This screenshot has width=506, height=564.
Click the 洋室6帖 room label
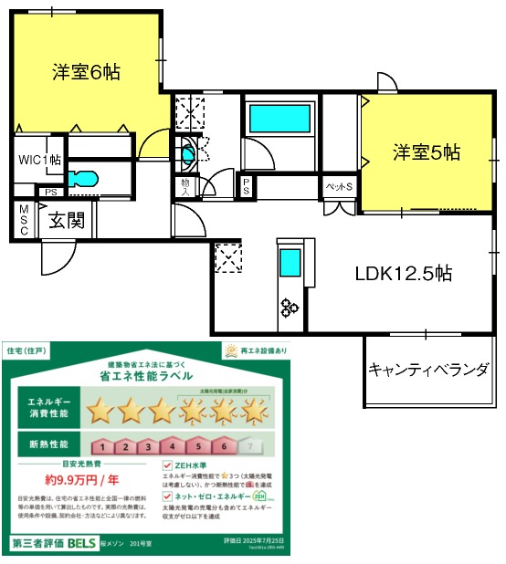(86, 71)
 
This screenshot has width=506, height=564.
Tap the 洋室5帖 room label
(427, 152)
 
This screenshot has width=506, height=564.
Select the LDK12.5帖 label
(404, 273)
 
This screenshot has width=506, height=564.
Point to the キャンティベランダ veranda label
(428, 370)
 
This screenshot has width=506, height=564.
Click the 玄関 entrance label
(68, 220)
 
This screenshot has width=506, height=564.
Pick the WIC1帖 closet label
(40, 159)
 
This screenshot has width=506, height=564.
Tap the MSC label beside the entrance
(25, 220)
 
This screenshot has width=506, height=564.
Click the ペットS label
(341, 187)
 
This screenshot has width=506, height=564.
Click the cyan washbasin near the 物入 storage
(188, 156)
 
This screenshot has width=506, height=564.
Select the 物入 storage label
(184, 187)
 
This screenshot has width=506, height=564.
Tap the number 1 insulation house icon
(105, 446)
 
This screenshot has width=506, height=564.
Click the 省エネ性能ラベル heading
(147, 375)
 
